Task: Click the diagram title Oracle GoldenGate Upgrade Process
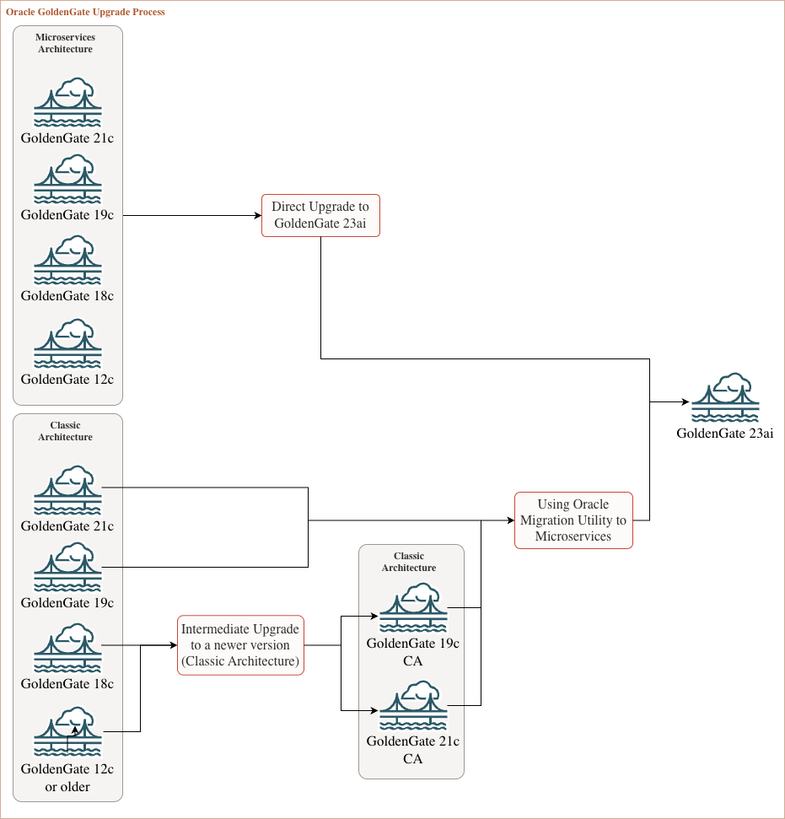point(85,13)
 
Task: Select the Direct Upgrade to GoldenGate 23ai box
point(320,215)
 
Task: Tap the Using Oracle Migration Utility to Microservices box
point(573,520)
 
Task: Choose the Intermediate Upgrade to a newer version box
point(240,645)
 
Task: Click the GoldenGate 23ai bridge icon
point(725,397)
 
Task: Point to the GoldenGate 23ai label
point(725,434)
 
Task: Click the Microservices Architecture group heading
point(66,43)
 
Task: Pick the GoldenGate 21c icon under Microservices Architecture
point(67,102)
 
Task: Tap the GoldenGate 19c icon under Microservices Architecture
point(67,180)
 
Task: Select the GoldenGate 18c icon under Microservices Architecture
point(67,261)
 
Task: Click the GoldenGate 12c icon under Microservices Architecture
point(67,343)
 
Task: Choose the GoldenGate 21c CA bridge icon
point(412,705)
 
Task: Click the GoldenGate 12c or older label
point(67,778)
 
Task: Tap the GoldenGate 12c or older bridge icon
point(67,732)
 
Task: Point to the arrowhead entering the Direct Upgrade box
point(257,215)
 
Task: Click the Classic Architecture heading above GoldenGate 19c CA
point(409,562)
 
